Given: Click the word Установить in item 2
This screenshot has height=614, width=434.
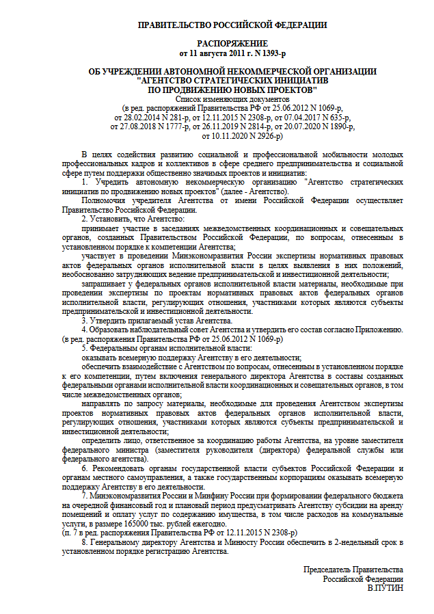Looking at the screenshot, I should click(x=114, y=219).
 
